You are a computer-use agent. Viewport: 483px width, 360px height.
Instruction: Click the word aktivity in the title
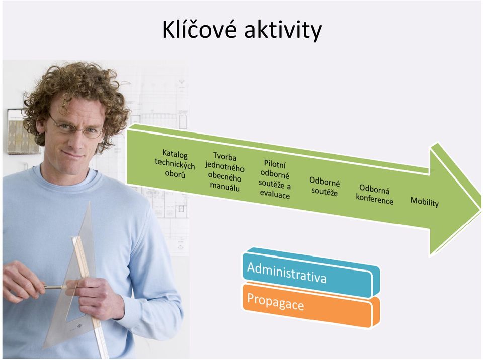point(283,31)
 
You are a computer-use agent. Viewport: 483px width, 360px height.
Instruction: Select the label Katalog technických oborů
point(174,163)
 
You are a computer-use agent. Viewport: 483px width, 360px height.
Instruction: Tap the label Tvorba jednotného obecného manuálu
point(224,172)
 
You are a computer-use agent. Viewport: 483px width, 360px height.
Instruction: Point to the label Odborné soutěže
point(325,187)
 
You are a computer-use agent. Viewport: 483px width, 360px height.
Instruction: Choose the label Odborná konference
point(374,194)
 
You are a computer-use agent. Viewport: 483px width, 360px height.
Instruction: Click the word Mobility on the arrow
point(425,202)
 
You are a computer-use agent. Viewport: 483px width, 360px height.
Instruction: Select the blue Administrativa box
point(311,273)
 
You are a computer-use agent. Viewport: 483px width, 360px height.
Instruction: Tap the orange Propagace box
point(311,305)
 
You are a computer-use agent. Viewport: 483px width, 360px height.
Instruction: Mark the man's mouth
point(74,154)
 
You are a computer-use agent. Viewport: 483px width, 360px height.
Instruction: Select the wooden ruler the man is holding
point(90,296)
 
